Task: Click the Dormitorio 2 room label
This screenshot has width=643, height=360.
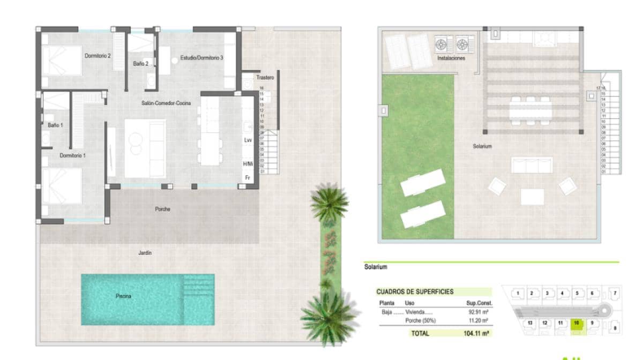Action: (x=98, y=55)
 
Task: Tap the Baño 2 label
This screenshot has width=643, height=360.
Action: (x=141, y=64)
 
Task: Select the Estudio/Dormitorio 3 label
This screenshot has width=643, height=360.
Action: (x=201, y=57)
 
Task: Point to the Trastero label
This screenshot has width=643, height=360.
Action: (x=265, y=78)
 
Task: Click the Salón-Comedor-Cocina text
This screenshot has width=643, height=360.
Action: (x=163, y=103)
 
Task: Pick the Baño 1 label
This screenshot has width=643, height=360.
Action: (x=55, y=125)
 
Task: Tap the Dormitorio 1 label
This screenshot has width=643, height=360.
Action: (x=73, y=155)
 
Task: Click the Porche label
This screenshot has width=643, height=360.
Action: (x=162, y=209)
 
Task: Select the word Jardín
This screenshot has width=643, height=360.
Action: (x=145, y=253)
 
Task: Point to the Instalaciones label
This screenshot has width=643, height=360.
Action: (x=451, y=58)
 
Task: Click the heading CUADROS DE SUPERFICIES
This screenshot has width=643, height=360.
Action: (x=415, y=292)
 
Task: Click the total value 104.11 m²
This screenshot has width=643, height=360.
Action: (x=475, y=333)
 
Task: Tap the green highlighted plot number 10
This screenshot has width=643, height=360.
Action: (x=577, y=323)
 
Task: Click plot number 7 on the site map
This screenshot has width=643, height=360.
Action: (x=615, y=293)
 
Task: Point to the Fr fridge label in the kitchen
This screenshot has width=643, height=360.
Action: (x=248, y=177)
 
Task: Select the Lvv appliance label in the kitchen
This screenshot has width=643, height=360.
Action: (x=248, y=140)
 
